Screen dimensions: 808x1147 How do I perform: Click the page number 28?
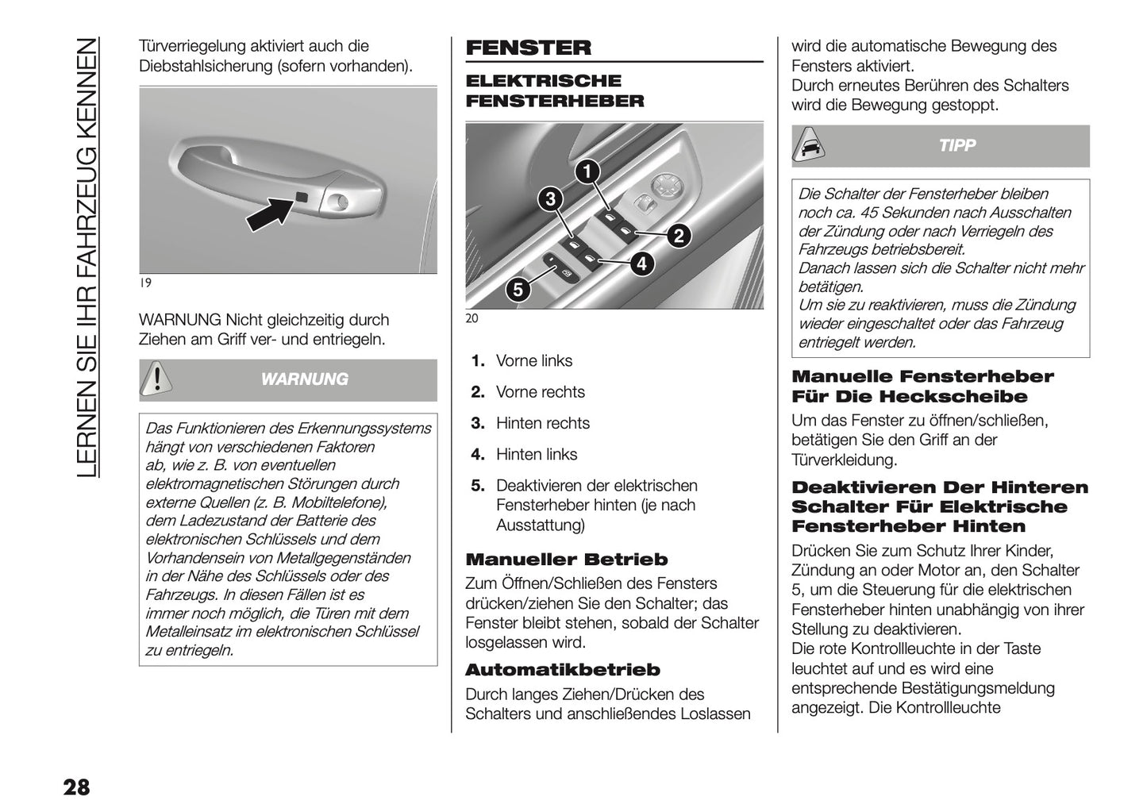tap(76, 787)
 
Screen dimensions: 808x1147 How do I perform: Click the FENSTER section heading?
tap(529, 48)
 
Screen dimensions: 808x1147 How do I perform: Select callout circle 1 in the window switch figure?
tap(586, 170)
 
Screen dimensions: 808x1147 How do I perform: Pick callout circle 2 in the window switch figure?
tap(679, 235)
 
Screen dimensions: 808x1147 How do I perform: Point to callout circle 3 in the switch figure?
tap(549, 199)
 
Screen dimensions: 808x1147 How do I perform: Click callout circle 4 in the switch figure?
tap(641, 263)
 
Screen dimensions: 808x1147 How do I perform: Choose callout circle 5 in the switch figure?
tap(518, 290)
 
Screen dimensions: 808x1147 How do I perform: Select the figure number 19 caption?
tap(145, 283)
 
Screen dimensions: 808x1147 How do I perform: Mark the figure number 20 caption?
tap(472, 318)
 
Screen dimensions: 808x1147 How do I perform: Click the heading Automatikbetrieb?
tap(562, 670)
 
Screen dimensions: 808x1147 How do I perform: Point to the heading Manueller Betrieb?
tap(566, 560)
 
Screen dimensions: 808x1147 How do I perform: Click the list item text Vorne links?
tap(533, 361)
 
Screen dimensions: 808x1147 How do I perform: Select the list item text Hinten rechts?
tap(542, 423)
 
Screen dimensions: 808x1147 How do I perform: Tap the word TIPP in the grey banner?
tap(956, 145)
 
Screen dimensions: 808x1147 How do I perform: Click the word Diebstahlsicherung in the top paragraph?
tap(206, 66)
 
